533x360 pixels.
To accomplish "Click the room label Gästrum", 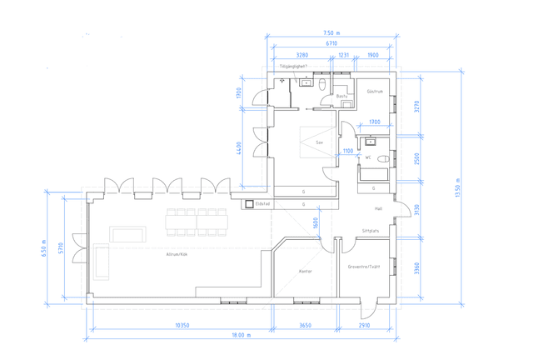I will click(374, 91).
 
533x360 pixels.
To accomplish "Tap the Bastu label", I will click(342, 96).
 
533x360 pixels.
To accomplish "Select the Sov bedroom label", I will click(319, 142).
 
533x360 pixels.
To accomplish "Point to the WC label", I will click(367, 157).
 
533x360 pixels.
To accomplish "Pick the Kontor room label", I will click(305, 271).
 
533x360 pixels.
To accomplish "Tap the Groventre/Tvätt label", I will click(364, 267).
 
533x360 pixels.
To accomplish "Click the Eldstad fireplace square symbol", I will click(248, 202).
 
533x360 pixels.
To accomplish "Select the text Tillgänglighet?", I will click(294, 66).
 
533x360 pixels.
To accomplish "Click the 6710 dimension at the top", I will click(331, 42).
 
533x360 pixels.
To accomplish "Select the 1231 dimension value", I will click(342, 55).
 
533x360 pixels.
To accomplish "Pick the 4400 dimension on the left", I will click(239, 147).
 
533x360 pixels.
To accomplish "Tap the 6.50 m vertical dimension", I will click(46, 249).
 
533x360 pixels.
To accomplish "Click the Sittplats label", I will click(371, 231).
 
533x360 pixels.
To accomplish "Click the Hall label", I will click(377, 209).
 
